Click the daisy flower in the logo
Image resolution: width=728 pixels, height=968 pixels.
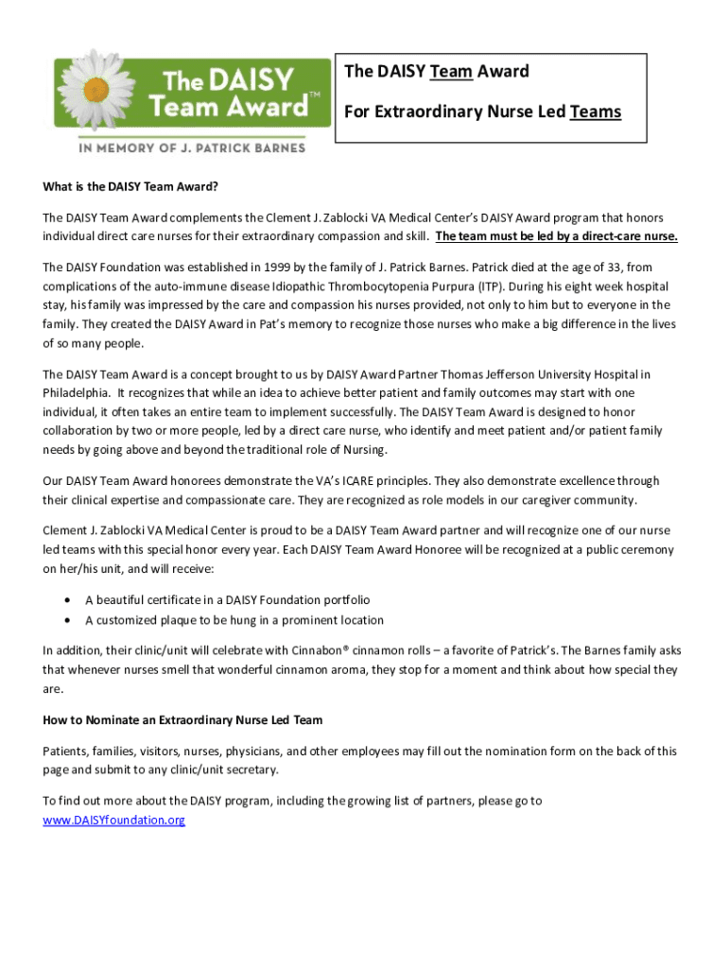[x=98, y=89]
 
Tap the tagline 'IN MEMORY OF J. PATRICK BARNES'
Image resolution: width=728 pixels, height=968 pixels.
[x=191, y=148]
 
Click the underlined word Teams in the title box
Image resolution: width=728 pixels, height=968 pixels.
[x=596, y=112]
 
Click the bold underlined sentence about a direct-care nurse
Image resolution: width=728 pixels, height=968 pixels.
[x=556, y=236]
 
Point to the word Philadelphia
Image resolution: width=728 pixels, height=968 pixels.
[x=77, y=393]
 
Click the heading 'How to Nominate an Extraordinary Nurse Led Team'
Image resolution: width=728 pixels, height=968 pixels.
[x=182, y=720]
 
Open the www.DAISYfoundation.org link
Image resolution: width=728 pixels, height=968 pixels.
[x=113, y=821]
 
